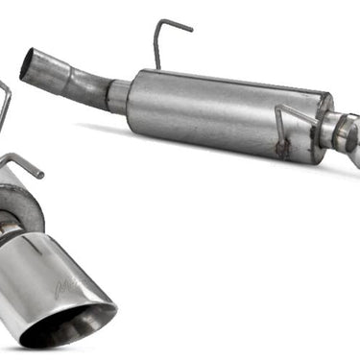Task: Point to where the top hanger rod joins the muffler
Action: pos(156,68)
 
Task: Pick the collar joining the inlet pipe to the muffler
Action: pos(120,96)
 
